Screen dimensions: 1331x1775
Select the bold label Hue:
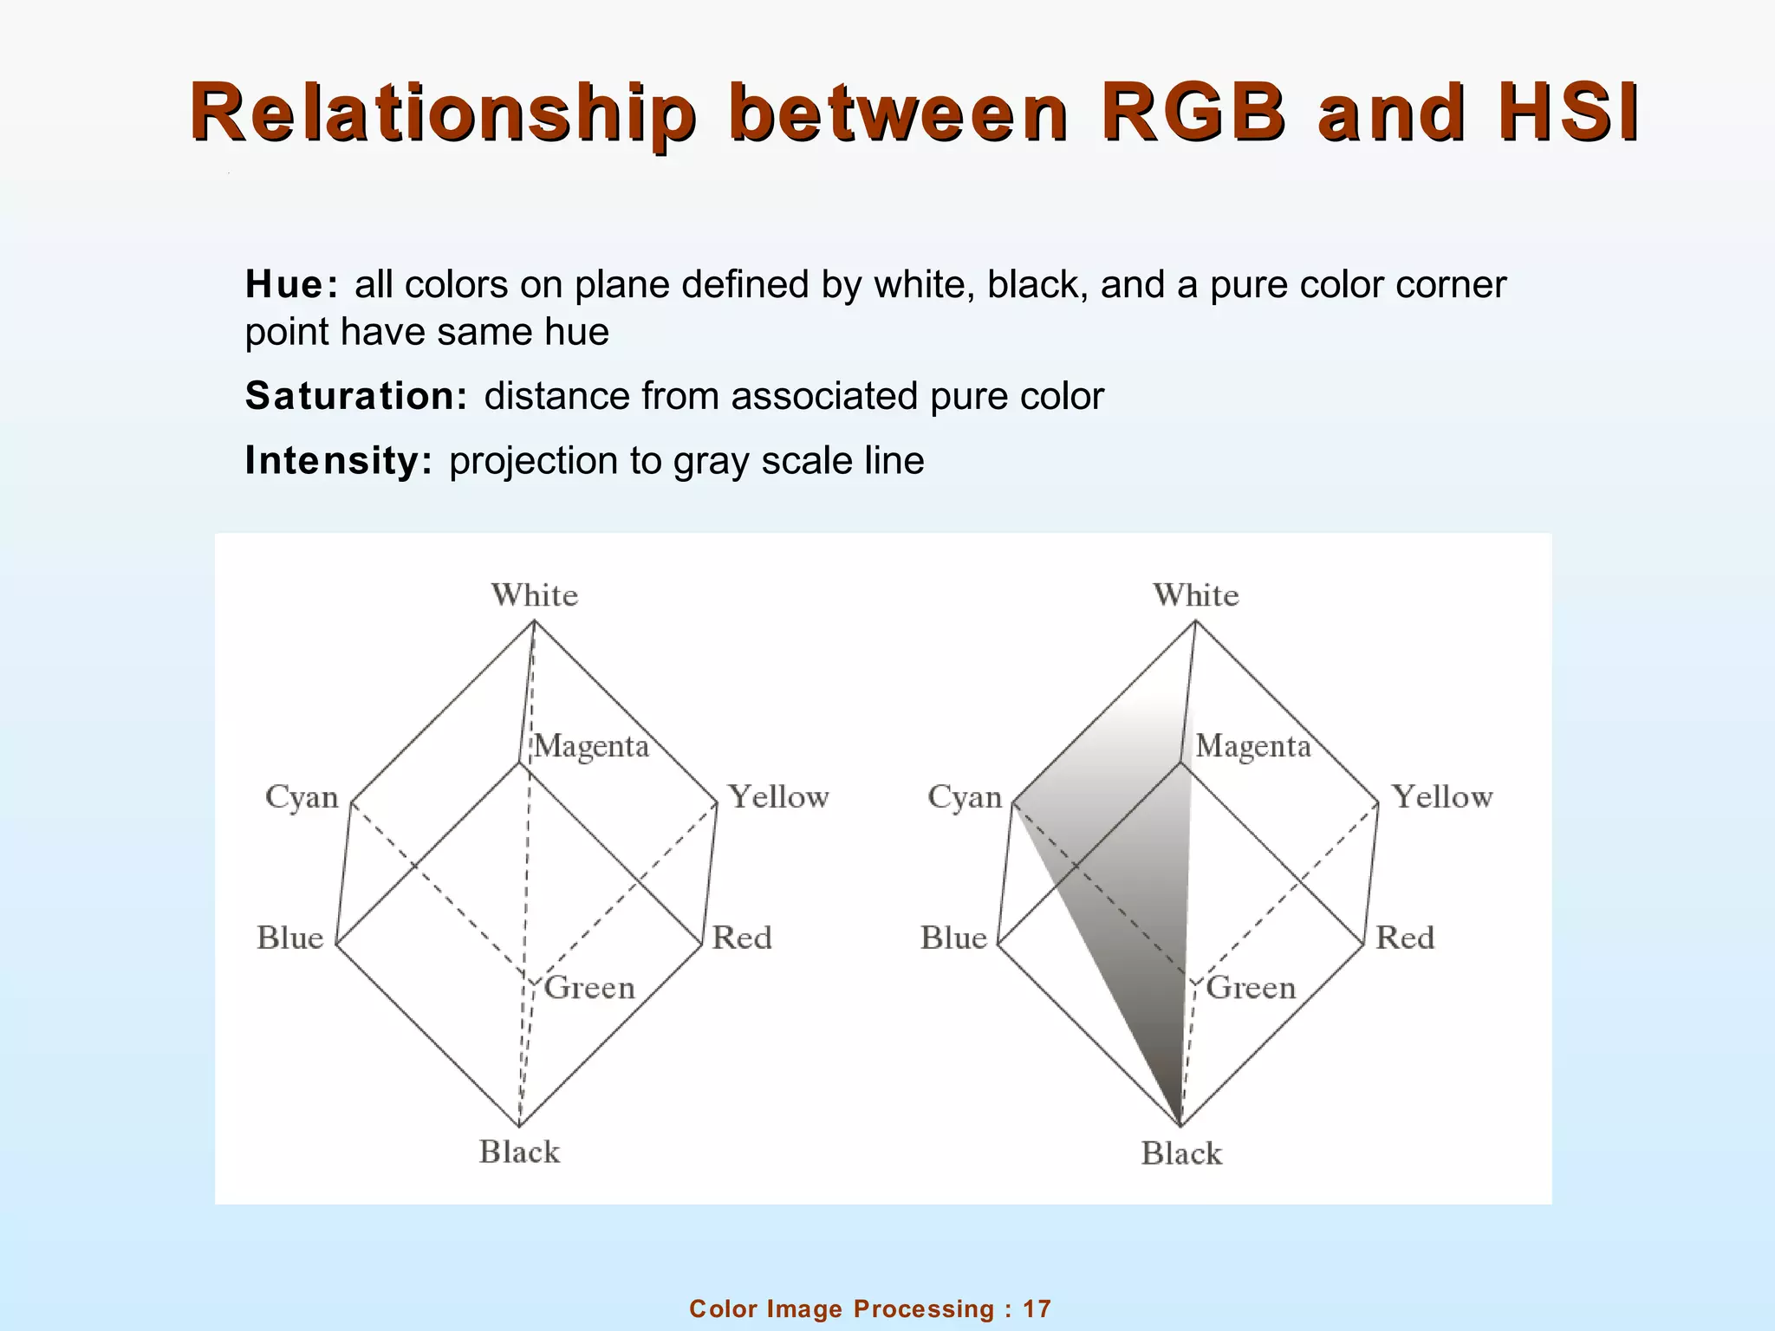291,284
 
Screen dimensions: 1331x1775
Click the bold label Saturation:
356,396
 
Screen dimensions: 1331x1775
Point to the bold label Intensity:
338,460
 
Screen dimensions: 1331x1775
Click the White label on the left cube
535,595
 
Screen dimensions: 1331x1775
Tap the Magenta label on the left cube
591,746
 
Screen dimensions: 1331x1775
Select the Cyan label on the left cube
302,797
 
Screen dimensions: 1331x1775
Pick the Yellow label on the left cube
778,797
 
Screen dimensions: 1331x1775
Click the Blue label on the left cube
289,938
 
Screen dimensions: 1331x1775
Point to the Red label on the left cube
742,938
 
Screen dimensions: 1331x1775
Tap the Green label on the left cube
589,988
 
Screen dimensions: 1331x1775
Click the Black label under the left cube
519,1152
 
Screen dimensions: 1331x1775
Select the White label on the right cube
1196,595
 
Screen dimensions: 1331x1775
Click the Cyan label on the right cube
965,797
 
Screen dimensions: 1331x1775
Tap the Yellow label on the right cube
1442,797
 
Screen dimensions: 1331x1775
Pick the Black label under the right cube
1181,1153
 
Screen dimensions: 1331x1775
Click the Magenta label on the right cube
1253,746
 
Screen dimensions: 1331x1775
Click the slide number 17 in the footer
1037,1308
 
